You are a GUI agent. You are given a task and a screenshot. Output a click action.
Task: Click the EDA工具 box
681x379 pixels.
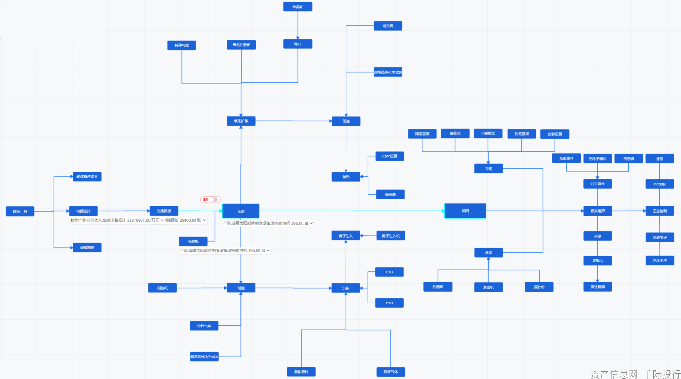pos(20,211)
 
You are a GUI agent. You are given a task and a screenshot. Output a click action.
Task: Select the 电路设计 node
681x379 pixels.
pos(83,211)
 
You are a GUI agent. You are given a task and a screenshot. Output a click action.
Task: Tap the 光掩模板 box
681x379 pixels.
pos(164,211)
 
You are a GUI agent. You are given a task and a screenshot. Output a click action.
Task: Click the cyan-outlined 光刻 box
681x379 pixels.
pos(240,211)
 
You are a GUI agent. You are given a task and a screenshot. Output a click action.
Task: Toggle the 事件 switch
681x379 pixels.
pos(216,199)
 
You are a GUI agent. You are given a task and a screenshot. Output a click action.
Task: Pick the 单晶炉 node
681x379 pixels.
pos(297,7)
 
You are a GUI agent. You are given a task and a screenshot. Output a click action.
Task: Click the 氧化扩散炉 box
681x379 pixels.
pos(241,45)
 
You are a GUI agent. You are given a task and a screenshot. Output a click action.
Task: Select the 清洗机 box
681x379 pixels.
pos(388,26)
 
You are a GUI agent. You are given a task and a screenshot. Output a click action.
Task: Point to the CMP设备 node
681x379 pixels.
pos(390,156)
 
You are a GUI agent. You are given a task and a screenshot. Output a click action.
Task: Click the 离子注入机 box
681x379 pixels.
pos(390,236)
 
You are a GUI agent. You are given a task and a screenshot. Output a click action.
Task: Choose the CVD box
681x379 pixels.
pos(389,272)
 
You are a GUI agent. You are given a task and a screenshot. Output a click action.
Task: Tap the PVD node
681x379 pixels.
pos(389,303)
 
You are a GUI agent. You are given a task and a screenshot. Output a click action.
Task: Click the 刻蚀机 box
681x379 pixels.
pos(162,288)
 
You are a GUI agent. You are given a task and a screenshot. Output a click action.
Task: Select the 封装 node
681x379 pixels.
pos(488,168)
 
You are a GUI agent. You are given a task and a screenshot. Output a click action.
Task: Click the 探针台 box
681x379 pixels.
pos(539,287)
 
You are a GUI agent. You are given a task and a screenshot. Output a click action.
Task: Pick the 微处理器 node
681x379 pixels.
pos(597,287)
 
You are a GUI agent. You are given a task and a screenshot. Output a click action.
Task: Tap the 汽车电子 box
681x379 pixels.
pos(660,260)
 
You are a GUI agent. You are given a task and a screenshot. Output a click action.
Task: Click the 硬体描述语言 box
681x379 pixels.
pos(87,176)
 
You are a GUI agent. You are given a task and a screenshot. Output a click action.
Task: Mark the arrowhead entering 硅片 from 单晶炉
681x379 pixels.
pos(298,37)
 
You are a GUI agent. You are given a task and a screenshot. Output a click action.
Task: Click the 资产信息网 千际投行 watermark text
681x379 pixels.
pos(635,373)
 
